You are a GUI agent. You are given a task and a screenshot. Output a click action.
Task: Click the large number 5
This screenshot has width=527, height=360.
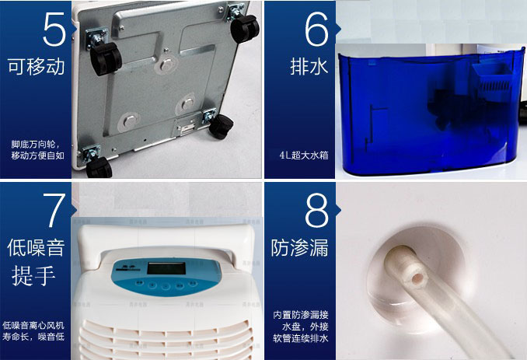[x=54, y=29]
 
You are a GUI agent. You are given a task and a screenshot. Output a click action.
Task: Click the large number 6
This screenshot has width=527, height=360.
[x=316, y=29]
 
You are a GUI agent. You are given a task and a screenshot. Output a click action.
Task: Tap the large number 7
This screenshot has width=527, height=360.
[x=54, y=210]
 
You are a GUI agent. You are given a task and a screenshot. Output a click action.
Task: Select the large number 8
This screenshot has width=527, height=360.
[x=316, y=210]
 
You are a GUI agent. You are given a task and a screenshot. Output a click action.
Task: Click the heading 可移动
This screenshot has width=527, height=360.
[x=37, y=66]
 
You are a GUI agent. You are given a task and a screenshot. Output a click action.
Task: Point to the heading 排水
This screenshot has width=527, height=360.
[x=309, y=66]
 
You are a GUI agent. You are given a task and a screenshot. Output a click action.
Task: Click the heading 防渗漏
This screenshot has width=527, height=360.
[x=299, y=248]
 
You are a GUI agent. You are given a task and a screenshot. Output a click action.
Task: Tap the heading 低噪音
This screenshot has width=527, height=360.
[x=36, y=248]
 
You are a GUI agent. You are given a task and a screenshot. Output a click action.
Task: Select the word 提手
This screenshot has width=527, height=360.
[x=33, y=275]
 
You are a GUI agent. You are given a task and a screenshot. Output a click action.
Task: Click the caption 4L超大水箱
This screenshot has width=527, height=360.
[x=304, y=156]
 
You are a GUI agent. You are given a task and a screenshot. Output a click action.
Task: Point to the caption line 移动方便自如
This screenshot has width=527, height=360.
[x=37, y=156]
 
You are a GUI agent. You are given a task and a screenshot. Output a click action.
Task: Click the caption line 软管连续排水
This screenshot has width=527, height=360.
[x=301, y=338]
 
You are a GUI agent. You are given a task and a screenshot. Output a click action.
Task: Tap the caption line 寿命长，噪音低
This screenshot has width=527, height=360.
[x=33, y=337]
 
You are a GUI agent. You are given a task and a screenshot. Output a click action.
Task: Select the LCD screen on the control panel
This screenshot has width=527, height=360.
[x=166, y=268]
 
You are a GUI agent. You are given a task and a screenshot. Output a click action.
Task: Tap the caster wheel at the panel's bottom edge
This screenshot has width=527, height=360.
[x=99, y=166]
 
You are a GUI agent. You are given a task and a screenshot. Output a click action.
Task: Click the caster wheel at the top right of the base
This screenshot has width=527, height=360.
[x=245, y=29]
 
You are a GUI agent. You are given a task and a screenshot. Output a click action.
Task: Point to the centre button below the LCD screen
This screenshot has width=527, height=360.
[x=166, y=286]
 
